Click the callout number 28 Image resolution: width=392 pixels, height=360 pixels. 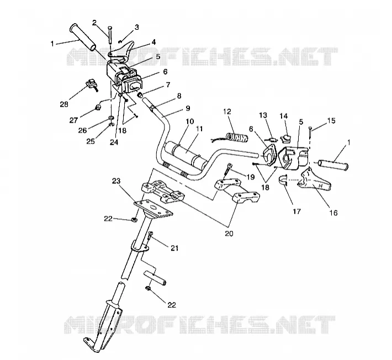(x=64, y=104)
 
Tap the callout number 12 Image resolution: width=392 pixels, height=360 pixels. (x=227, y=112)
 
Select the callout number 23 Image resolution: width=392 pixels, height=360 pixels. (x=116, y=181)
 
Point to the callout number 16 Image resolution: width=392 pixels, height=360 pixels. (x=333, y=213)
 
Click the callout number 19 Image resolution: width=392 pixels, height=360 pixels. (x=251, y=177)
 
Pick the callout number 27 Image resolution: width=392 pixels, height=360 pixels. (x=74, y=120)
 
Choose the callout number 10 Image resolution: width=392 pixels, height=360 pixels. (x=190, y=122)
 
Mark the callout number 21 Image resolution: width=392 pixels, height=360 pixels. (x=174, y=248)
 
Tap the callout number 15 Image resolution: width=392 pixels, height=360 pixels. (x=331, y=120)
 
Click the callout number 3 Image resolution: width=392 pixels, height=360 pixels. (x=136, y=27)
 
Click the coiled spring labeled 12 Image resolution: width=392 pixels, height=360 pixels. (x=236, y=137)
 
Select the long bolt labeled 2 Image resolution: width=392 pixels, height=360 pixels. (x=110, y=35)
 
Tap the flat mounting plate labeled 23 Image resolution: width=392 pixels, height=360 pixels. (x=153, y=208)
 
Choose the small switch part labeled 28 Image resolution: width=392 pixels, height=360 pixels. (x=92, y=84)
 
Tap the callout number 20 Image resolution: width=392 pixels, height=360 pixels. (x=229, y=234)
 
